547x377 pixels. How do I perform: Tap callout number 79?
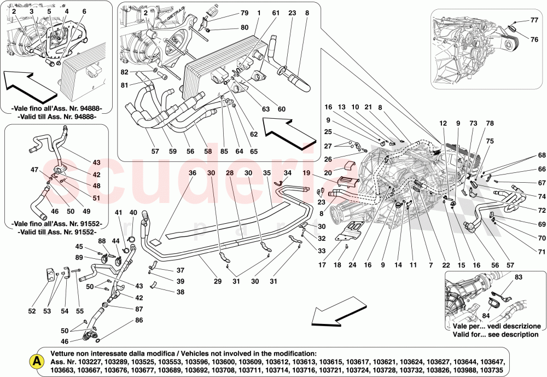245,13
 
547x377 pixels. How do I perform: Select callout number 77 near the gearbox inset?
534,20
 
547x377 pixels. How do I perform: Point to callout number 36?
193,173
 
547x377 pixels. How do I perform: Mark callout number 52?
32,311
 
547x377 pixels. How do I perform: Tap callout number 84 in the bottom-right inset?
485,315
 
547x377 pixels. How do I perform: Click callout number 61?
276,13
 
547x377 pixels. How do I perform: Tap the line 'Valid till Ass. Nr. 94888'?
56,116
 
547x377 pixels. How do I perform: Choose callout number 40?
133,212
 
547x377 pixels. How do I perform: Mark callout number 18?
337,265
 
